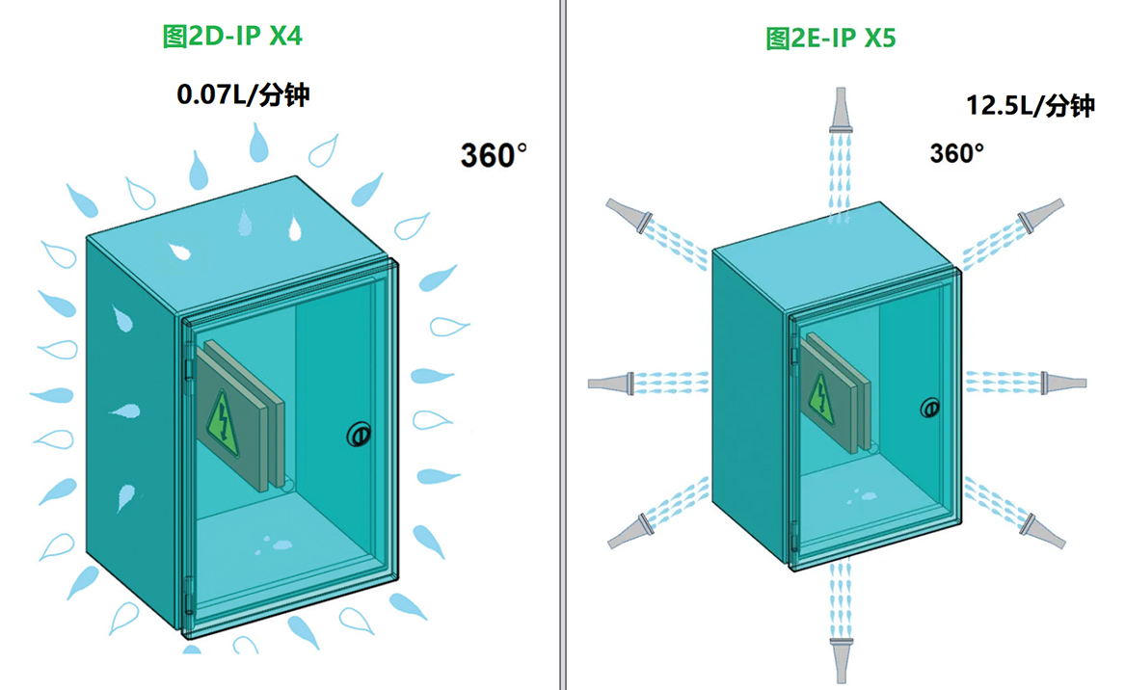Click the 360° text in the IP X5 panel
point(956,153)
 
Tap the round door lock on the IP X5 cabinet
point(929,408)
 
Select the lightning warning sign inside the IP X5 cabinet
point(822,394)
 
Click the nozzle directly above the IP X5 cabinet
point(841,112)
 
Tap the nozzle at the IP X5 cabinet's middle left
point(610,383)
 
